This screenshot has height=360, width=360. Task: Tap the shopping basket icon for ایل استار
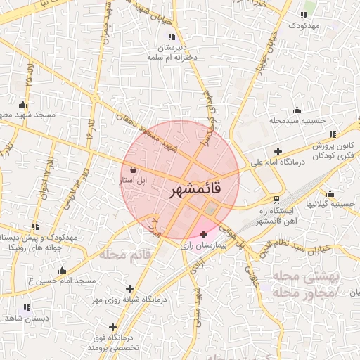pos(134,169)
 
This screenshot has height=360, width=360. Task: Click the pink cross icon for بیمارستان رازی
pos(204,234)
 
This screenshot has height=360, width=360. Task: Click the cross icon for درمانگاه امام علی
pos(278,151)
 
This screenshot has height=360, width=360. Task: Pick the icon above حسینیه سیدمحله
pos(297,110)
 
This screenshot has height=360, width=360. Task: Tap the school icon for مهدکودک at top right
pos(304,15)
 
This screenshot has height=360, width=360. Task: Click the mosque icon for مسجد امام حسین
pos(62,271)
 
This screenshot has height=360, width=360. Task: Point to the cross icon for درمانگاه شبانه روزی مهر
pos(129,288)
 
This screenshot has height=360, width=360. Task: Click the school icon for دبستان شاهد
pos(27,307)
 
